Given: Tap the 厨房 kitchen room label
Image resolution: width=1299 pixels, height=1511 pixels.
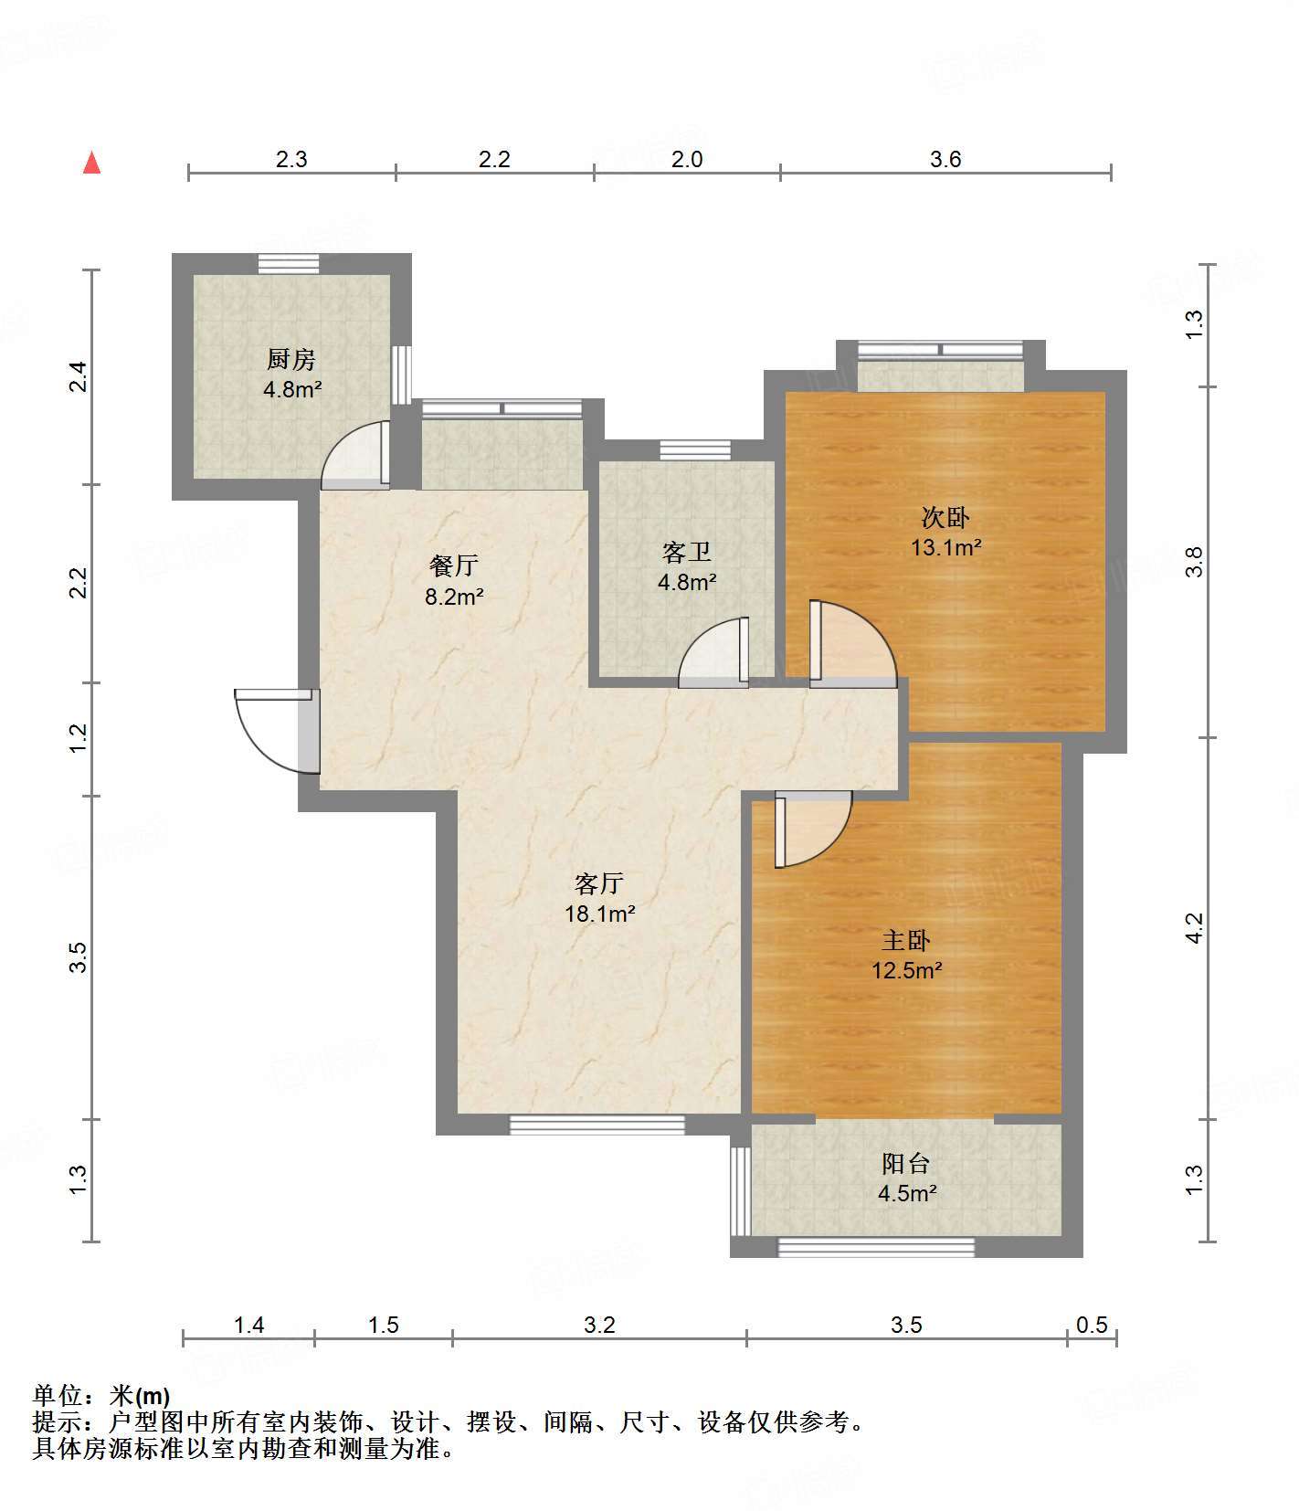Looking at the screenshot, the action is [291, 359].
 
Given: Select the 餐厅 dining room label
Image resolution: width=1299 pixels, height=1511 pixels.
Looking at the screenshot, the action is [454, 565].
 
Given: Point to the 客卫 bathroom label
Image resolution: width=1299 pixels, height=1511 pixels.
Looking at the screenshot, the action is [687, 552].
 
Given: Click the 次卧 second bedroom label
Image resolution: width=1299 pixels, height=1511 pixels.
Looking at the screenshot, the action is [945, 518].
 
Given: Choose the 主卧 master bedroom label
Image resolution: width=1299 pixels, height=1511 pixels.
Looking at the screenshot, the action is [906, 940].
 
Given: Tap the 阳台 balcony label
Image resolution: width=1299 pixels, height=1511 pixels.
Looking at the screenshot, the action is [906, 1163].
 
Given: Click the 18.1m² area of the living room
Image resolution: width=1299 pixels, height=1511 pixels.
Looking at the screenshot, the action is [600, 914].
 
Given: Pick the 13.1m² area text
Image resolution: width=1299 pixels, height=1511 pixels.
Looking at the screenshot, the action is [946, 548].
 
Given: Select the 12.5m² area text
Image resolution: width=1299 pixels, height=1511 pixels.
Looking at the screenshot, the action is [907, 970].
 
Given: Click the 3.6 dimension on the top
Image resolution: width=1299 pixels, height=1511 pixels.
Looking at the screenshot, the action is [946, 159].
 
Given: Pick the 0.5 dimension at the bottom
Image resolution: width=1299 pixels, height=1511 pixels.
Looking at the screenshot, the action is [1093, 1325].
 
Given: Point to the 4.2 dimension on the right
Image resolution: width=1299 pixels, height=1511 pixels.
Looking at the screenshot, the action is [1195, 928].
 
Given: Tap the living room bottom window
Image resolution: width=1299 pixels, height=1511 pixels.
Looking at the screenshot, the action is [597, 1125].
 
